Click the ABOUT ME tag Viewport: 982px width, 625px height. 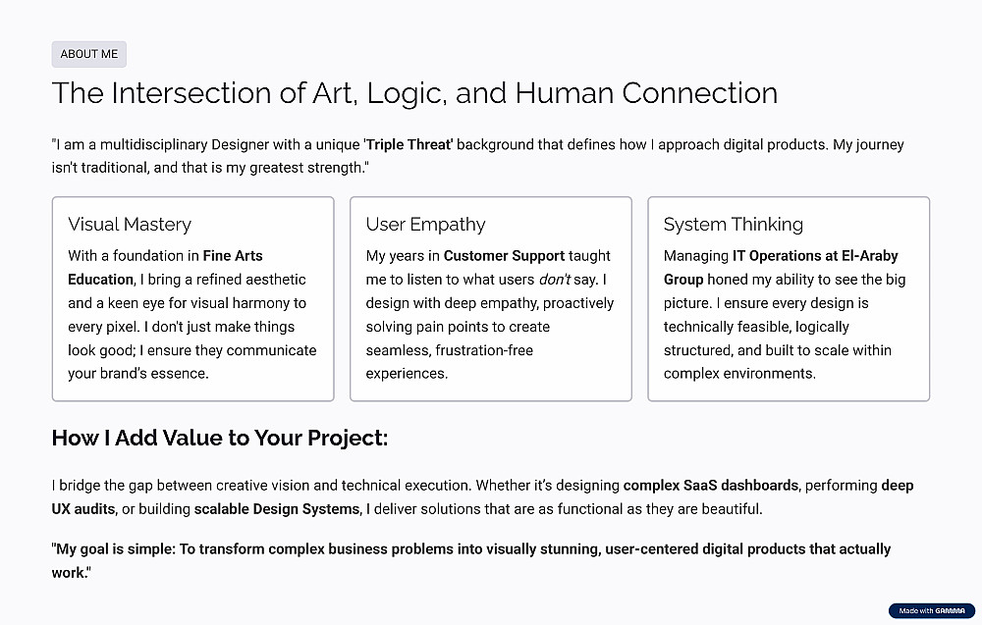pyautogui.click(x=89, y=54)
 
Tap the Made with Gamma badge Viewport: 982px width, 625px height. pyautogui.click(x=931, y=610)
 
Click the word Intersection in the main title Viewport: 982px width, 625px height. pyautogui.click(x=191, y=93)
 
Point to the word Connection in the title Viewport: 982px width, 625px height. pyautogui.click(x=699, y=93)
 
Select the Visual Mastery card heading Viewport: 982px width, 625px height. pyautogui.click(x=130, y=224)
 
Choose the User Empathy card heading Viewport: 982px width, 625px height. pyautogui.click(x=426, y=224)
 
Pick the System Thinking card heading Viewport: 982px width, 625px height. pyautogui.click(x=734, y=224)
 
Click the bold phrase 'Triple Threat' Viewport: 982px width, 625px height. pyautogui.click(x=409, y=144)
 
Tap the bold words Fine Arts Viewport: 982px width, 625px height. pyautogui.click(x=233, y=256)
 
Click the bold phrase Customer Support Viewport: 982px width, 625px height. pyautogui.click(x=504, y=256)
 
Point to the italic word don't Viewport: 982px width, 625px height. pyautogui.click(x=555, y=280)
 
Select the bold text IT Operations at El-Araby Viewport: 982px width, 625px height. pyautogui.click(x=815, y=256)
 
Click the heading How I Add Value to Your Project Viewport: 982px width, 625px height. pyautogui.click(x=220, y=438)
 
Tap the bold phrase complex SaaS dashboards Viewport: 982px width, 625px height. pyautogui.click(x=711, y=486)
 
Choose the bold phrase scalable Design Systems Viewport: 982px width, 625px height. pyautogui.click(x=278, y=509)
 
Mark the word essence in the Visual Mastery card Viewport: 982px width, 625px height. pyautogui.click(x=182, y=374)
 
